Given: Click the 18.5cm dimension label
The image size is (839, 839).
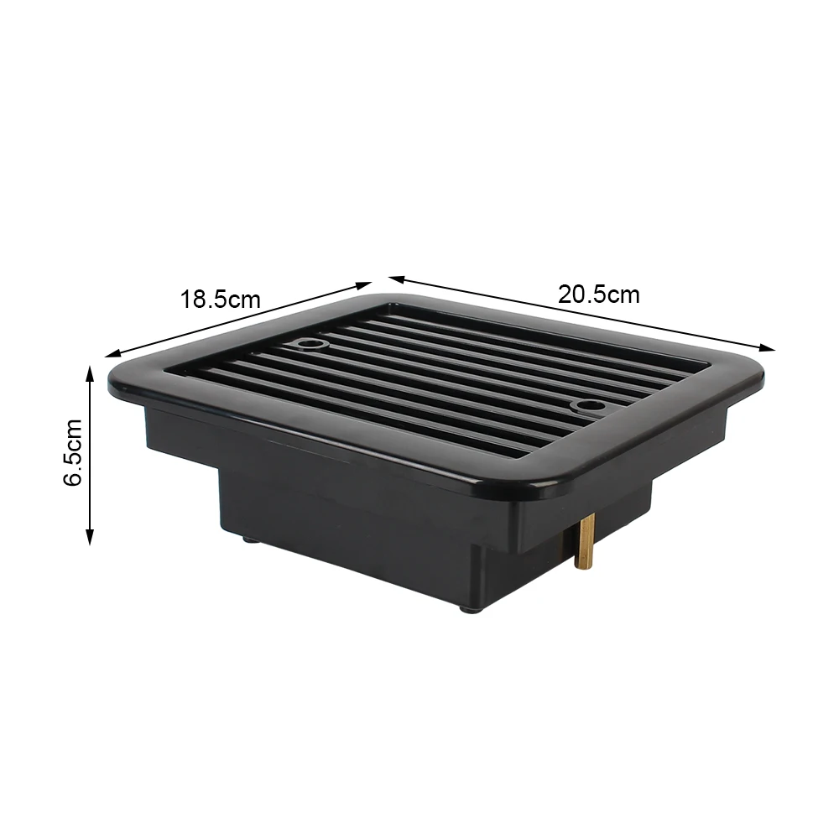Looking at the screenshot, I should [x=220, y=298].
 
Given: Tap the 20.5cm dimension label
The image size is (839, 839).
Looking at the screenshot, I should [x=598, y=294].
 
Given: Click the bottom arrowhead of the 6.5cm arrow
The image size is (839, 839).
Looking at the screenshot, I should [x=90, y=541].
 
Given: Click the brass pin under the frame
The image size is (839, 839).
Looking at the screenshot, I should [x=585, y=542].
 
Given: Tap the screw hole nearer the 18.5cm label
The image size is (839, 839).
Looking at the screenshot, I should [x=312, y=344].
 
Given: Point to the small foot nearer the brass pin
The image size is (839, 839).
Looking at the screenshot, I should [x=466, y=608].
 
